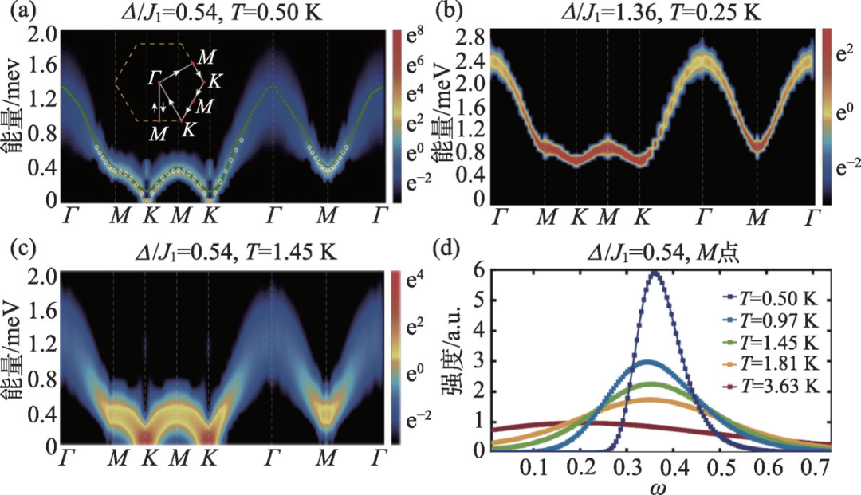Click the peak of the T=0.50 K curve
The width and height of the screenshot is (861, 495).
[x=655, y=272]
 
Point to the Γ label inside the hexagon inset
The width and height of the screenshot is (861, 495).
[x=154, y=78]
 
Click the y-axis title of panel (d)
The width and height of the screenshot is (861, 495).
[x=455, y=359]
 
